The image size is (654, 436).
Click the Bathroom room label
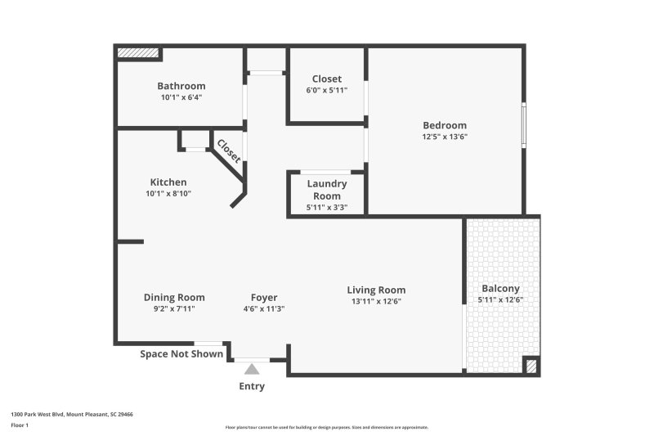pos(181,86)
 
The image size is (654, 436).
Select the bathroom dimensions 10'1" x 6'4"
pos(181,97)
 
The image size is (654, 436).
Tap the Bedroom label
pos(444,125)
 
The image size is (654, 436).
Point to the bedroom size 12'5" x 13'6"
pos(444,137)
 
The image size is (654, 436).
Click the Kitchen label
pos(168,182)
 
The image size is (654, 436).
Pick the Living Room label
pos(376,290)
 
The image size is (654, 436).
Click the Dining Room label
pos(174,297)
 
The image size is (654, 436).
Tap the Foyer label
pos(263,297)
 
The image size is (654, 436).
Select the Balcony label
pos(500,289)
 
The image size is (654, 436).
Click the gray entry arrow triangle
pos(252,369)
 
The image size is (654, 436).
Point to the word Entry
pos(252,386)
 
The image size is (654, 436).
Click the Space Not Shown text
pos(181,354)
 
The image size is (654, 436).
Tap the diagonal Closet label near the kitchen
pos(228,151)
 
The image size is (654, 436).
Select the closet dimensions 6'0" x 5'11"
pos(326,91)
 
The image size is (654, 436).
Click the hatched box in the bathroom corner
pos(137,53)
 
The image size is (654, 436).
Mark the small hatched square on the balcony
pos(530,366)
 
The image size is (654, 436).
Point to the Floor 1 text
pos(20,425)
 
